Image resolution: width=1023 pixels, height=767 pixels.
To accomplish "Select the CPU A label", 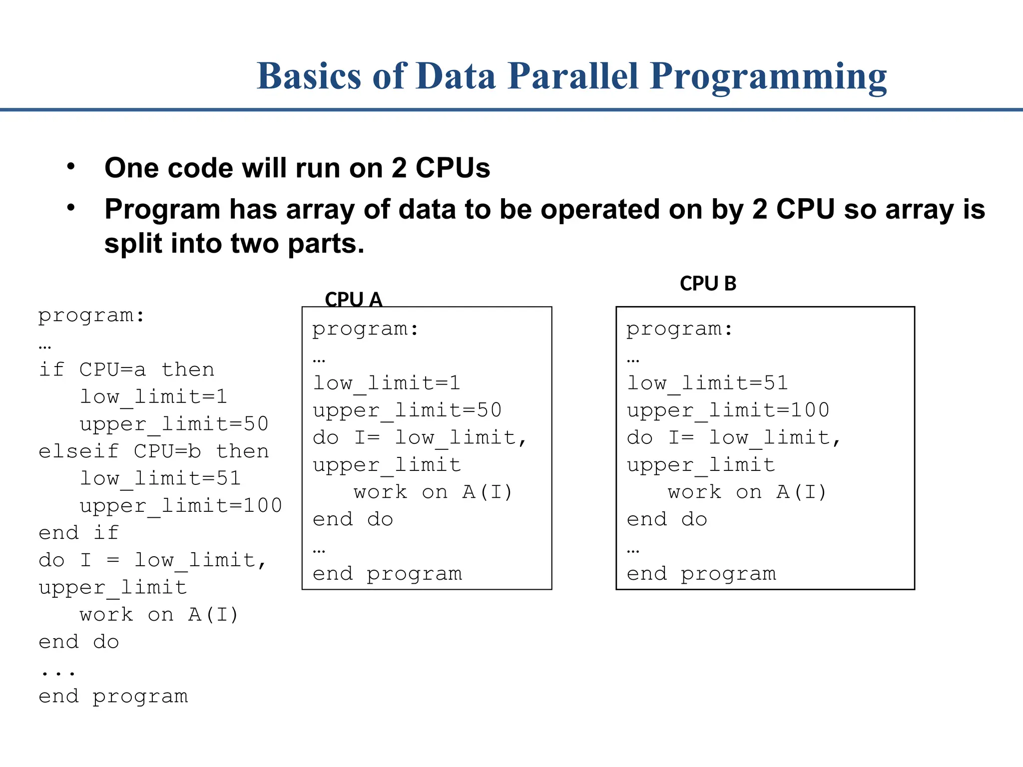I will [353, 300].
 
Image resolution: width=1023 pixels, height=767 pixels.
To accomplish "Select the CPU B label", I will [708, 284].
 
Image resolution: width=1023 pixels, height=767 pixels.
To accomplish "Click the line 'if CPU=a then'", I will [127, 370].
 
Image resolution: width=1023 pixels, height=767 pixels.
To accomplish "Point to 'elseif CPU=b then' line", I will [154, 451].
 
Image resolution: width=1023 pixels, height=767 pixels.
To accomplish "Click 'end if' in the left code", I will [79, 532].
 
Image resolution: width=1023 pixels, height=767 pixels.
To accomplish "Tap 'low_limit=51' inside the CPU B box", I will [707, 383].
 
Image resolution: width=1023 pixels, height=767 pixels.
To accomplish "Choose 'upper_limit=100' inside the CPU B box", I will [728, 410].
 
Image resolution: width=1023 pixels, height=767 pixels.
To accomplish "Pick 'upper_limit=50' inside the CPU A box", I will [407, 410].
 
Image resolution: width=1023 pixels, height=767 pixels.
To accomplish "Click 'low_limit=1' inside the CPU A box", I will [386, 383].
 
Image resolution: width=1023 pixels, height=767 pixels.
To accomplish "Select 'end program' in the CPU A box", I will [387, 574].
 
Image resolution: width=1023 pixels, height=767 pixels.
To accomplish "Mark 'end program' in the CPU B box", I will [701, 574].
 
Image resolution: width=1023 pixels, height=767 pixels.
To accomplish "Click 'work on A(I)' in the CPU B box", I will [747, 492].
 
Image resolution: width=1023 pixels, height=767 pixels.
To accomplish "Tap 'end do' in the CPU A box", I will [353, 519].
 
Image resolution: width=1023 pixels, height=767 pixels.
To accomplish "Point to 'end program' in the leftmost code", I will [113, 696].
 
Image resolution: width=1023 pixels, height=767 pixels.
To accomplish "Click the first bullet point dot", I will [71, 166].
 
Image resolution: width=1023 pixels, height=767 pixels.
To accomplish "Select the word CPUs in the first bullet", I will [453, 168].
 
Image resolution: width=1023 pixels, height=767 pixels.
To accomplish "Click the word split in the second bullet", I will [133, 244].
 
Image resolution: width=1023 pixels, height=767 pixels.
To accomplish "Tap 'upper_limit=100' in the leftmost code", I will [181, 505].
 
